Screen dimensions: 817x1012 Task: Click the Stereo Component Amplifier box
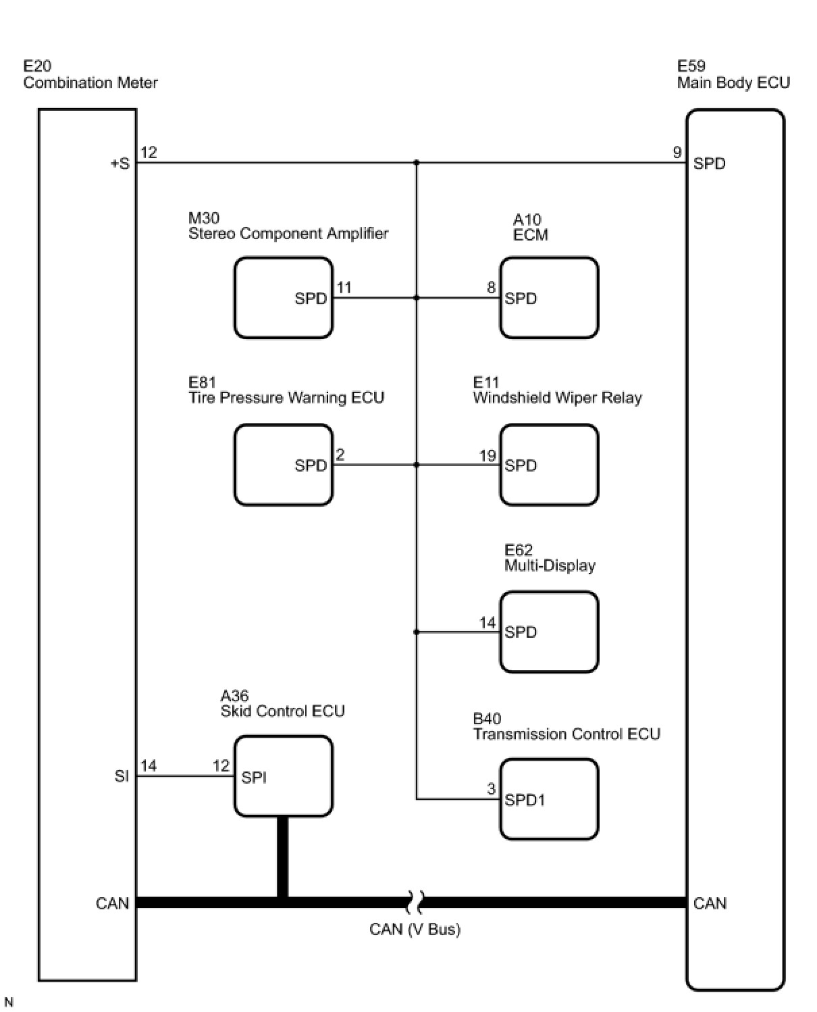point(284,298)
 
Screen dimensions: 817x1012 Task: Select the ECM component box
point(549,298)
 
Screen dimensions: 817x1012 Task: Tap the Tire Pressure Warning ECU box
point(284,465)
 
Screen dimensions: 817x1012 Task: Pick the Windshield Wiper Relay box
point(549,465)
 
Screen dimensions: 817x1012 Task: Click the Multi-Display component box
point(549,632)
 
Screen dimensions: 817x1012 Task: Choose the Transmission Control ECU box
point(549,799)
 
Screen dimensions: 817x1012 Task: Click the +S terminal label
point(120,163)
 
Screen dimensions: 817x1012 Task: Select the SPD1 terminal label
point(525,800)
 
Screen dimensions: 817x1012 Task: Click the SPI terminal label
point(253,778)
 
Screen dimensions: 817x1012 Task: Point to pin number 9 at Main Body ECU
point(677,152)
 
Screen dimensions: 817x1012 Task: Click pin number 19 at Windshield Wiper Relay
point(487,455)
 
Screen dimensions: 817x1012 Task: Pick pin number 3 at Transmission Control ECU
point(492,788)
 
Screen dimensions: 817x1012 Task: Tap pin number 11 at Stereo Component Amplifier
point(344,287)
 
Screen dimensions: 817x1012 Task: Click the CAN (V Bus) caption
point(415,929)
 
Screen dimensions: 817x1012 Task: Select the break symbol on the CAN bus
point(415,903)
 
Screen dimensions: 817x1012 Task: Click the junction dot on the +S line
point(417,163)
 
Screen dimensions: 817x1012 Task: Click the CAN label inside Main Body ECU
point(710,903)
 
